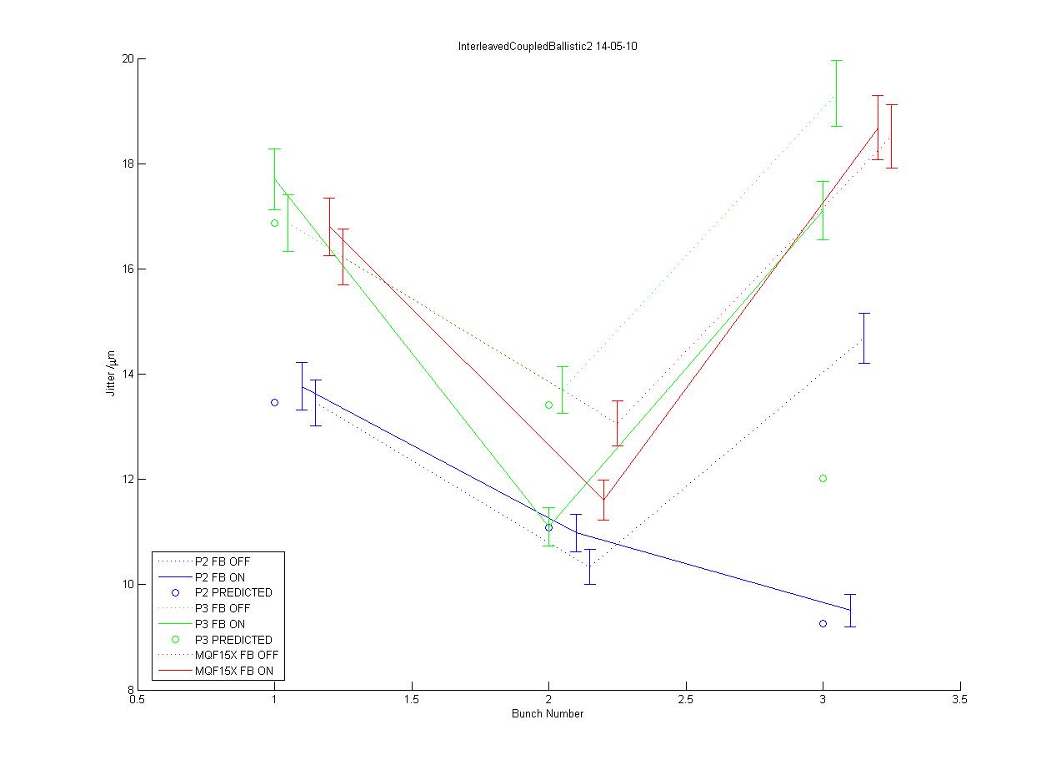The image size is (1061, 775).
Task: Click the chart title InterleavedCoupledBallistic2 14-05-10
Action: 548,47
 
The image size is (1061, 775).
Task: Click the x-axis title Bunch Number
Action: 548,714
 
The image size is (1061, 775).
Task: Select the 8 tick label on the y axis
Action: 131,690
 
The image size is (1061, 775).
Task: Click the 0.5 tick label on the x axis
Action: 138,702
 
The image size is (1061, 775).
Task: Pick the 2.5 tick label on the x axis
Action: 686,702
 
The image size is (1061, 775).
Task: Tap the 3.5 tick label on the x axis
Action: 960,702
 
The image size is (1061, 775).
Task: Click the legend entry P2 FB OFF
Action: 222,561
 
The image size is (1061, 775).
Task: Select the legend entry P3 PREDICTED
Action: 233,640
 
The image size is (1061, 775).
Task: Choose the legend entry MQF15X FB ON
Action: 239,671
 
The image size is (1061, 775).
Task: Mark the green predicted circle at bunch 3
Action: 823,479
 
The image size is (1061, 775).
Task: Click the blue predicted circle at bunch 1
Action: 274,403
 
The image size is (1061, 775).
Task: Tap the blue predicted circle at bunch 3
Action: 823,624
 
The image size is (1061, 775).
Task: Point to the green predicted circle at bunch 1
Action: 274,223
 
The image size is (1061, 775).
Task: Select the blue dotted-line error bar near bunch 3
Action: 864,338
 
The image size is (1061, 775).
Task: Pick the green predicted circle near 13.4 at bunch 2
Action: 548,405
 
